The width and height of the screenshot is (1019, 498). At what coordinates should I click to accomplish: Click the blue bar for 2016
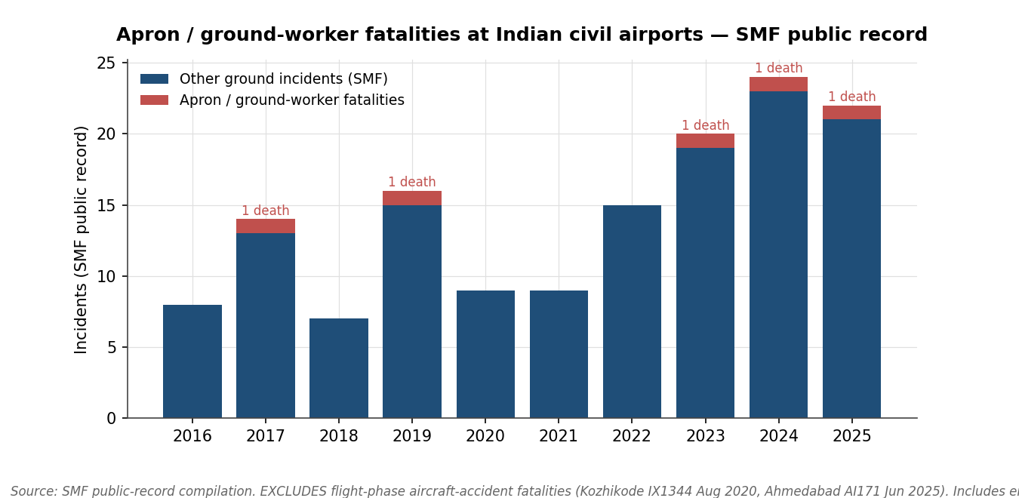192,361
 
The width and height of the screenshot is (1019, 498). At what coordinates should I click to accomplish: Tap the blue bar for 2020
485,354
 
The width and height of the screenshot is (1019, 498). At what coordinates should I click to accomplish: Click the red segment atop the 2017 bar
266,226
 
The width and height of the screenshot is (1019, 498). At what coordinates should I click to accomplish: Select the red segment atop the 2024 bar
778,85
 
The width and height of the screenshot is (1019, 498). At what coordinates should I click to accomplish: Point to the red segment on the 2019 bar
412,198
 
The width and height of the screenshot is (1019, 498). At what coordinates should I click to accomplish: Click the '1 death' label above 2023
705,126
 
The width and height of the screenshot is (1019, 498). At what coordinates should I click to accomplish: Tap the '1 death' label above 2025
851,97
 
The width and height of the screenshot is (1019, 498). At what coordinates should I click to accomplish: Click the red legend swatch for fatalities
154,100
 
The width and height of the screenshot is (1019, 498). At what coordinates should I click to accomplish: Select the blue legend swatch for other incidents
154,79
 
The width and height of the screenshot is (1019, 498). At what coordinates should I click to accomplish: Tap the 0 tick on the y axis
111,419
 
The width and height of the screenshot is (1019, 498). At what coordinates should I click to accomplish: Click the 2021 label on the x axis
559,437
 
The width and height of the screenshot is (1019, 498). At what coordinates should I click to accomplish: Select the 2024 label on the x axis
778,437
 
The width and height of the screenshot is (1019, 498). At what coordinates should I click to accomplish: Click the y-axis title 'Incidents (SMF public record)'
82,240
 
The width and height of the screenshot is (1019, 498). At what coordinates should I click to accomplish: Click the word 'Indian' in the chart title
523,35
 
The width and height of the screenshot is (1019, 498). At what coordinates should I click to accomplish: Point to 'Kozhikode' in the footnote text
608,492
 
